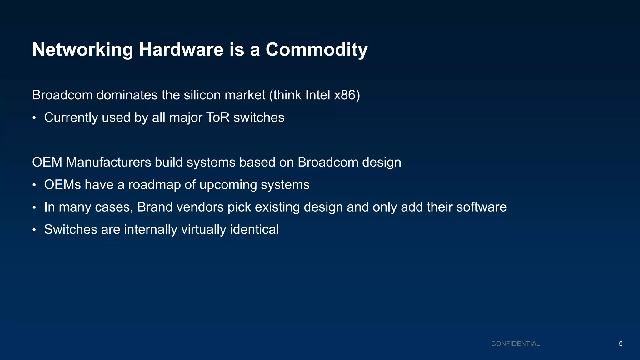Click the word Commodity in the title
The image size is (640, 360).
(x=316, y=50)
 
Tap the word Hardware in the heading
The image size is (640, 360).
(x=181, y=49)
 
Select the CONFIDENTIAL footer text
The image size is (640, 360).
(x=515, y=344)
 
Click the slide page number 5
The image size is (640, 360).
(x=621, y=344)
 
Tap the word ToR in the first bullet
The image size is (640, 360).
(x=218, y=117)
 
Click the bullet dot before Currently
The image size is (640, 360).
(x=34, y=118)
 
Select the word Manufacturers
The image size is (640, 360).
(x=108, y=162)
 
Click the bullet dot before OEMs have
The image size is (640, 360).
(x=34, y=186)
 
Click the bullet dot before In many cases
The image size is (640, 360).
(x=34, y=208)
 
